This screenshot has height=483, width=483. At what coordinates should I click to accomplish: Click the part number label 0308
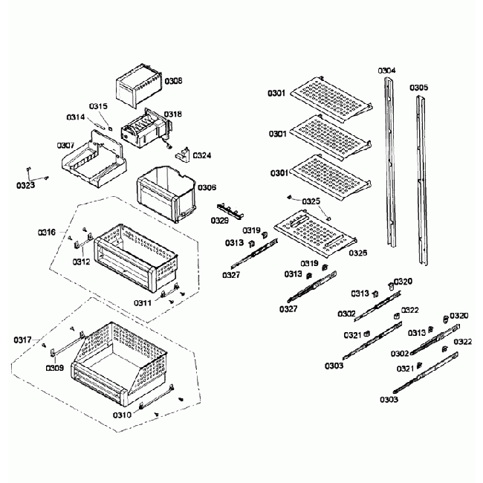(x=173, y=80)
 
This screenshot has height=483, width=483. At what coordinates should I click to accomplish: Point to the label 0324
(x=201, y=156)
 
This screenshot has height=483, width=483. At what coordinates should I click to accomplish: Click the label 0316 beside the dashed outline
(x=47, y=233)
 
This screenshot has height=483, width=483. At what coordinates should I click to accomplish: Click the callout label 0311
(x=143, y=303)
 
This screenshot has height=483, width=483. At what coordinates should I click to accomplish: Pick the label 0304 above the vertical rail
(x=386, y=71)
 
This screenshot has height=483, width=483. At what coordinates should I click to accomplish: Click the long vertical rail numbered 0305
(x=421, y=178)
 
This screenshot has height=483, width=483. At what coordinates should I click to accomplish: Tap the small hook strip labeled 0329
(x=230, y=211)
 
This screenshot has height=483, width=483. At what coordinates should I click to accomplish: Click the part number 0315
(x=98, y=106)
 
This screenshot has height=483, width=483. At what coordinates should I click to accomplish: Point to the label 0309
(x=54, y=367)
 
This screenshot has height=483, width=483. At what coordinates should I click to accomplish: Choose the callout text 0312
(x=81, y=262)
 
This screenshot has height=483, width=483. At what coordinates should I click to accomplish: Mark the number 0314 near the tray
(x=75, y=117)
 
